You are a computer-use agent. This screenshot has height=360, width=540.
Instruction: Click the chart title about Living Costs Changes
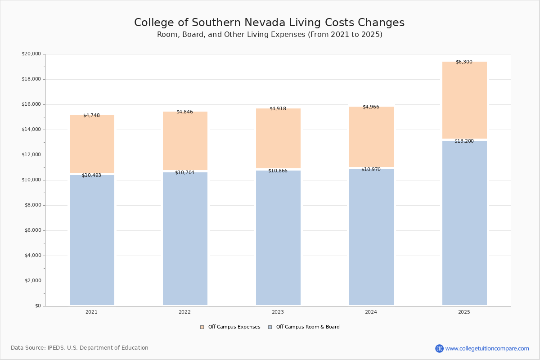tap(269, 23)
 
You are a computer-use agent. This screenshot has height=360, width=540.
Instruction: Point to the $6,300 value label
tap(464, 62)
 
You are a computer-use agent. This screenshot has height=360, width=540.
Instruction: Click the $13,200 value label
tap(464, 141)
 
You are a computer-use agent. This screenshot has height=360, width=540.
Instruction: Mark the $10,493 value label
tap(91, 175)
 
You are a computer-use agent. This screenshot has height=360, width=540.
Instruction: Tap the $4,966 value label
tap(371, 107)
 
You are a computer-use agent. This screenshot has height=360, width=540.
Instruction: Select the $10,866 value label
tap(278, 171)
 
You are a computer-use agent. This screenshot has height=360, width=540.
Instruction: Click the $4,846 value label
tap(184, 112)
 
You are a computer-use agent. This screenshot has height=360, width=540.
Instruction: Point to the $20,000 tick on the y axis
tap(31, 54)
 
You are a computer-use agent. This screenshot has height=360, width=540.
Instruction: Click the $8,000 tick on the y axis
tap(32, 205)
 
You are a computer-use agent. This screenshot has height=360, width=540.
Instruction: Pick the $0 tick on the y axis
tap(38, 306)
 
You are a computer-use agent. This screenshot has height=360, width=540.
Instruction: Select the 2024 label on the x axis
tap(371, 312)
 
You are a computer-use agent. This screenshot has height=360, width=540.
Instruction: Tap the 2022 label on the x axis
tap(184, 312)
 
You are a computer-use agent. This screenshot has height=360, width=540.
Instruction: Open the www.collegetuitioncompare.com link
tap(487, 348)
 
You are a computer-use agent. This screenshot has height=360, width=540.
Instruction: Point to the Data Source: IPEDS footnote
tap(80, 348)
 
